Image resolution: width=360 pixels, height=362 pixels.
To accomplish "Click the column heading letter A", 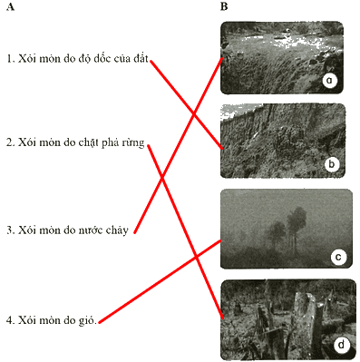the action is coord(10,7).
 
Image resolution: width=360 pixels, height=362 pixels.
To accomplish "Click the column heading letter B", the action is coord(224,7).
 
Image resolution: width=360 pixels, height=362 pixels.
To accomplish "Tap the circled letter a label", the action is coord(329,81).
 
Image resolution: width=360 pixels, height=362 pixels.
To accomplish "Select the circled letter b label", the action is coord(332,164).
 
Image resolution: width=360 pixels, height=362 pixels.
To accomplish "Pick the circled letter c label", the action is coord(338,257).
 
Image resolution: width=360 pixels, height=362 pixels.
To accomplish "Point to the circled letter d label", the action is coord(342,345).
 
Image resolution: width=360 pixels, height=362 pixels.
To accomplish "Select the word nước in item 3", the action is coord(92,230).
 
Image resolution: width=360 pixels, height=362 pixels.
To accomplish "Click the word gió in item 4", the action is coord(87,320).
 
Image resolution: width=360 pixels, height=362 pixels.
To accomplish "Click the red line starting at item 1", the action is coord(187,104).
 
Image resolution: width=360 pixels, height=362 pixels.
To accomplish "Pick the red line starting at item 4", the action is coord(160,281).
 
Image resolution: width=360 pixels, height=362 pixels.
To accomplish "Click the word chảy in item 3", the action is coord(117,230).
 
